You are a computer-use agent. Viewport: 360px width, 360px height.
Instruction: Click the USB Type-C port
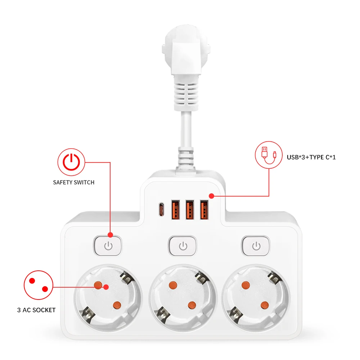tap(161, 209)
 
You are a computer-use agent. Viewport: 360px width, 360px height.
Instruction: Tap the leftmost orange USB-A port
tap(176, 210)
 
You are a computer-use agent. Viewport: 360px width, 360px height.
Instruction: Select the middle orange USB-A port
tap(190, 210)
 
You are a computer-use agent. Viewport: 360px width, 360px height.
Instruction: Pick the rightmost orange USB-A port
tap(204, 210)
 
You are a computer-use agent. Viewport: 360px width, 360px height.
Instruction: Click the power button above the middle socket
tap(183, 246)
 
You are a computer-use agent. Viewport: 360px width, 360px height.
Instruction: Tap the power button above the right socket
tap(256, 246)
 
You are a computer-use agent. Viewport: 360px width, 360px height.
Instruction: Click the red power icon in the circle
tap(71, 162)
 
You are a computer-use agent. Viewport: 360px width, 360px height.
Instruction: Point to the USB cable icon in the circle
tap(269, 155)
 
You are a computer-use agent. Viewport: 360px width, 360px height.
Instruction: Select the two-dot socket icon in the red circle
tap(39, 285)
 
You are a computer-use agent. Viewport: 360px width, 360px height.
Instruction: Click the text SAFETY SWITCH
tap(74, 182)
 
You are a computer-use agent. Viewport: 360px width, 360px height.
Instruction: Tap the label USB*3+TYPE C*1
tap(311, 157)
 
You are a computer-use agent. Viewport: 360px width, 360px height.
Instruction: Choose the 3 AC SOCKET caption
tap(36, 310)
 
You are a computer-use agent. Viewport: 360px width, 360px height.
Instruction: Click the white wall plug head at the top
tap(186, 49)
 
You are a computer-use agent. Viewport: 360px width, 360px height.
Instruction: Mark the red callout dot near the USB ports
tap(211, 196)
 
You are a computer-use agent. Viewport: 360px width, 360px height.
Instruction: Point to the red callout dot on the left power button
tap(110, 235)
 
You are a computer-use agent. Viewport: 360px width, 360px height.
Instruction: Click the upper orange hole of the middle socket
tap(173, 285)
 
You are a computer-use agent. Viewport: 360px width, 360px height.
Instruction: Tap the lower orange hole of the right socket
tap(265, 305)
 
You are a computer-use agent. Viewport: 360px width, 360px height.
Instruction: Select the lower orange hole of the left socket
tap(117, 305)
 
